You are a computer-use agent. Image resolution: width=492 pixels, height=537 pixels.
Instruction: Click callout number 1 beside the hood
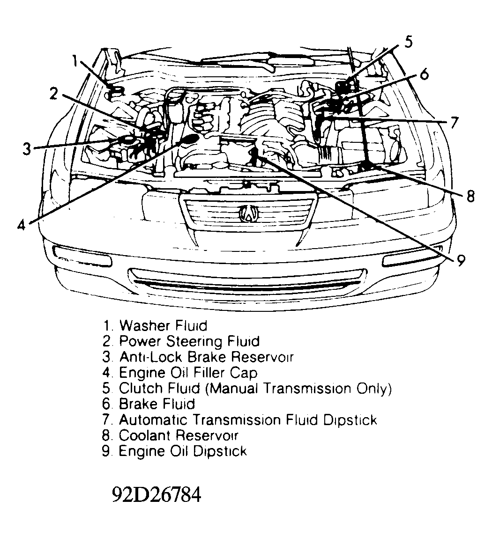coord(76,61)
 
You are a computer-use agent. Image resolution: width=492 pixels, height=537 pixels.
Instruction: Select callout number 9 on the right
coord(461,260)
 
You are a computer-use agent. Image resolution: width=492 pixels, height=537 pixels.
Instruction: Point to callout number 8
coord(471,196)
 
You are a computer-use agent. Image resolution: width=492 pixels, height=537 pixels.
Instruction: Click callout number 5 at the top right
coord(408,43)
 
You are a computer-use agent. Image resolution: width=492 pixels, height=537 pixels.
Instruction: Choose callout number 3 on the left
coord(27,149)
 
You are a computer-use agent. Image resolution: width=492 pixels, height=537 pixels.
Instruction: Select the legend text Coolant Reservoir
coord(179,435)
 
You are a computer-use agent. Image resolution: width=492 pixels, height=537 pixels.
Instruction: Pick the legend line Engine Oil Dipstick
coord(182,451)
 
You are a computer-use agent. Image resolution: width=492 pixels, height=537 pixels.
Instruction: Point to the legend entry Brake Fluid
coord(157,404)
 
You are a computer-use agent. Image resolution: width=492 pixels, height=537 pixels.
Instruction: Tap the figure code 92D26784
coord(157,494)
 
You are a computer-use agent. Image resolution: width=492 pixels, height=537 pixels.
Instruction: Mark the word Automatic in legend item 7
coord(150,419)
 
